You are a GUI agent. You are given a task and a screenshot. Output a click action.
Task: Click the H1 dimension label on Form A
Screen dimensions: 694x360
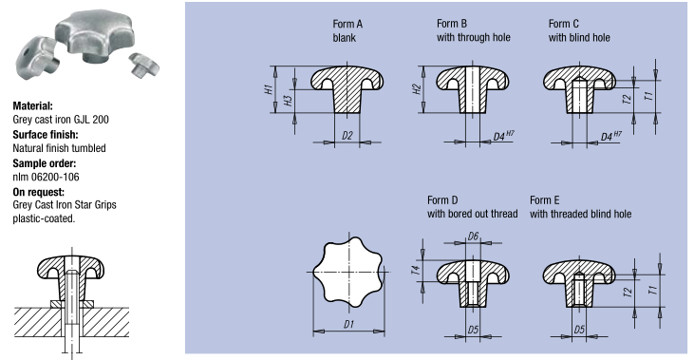(269, 89)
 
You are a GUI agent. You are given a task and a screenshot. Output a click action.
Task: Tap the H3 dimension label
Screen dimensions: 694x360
(289, 101)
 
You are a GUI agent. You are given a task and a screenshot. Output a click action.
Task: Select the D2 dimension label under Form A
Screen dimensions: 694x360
(347, 136)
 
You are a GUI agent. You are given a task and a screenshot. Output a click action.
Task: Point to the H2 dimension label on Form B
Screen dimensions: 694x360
(417, 89)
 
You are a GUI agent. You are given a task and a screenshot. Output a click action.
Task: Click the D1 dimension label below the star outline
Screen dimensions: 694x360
(348, 325)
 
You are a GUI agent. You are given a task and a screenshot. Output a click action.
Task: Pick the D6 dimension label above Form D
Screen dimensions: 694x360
(473, 237)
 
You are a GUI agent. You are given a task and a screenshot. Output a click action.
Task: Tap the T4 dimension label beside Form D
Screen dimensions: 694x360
(416, 270)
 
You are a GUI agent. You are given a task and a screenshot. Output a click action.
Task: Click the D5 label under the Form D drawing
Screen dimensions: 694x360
(473, 330)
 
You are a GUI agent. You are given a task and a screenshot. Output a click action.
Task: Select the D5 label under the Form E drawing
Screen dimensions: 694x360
(579, 330)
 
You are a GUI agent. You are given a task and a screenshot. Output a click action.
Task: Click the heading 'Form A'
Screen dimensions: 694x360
(347, 25)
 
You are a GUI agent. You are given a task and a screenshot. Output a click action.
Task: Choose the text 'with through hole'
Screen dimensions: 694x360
(474, 38)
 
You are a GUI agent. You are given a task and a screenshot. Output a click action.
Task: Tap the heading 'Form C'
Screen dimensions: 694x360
(563, 24)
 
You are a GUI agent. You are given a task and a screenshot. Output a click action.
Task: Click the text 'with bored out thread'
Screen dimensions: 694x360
(472, 214)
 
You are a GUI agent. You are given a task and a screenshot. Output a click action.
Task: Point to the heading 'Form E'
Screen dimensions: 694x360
(544, 200)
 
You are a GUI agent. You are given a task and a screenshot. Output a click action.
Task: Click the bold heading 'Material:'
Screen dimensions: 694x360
(32, 105)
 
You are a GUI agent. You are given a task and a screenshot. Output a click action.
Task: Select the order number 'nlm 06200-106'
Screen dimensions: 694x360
(46, 177)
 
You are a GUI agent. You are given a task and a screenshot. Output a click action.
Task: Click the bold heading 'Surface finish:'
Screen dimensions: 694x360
(46, 135)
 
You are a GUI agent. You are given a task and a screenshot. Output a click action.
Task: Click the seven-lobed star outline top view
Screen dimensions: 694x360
(348, 272)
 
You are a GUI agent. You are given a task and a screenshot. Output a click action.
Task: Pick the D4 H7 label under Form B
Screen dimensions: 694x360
(504, 135)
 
